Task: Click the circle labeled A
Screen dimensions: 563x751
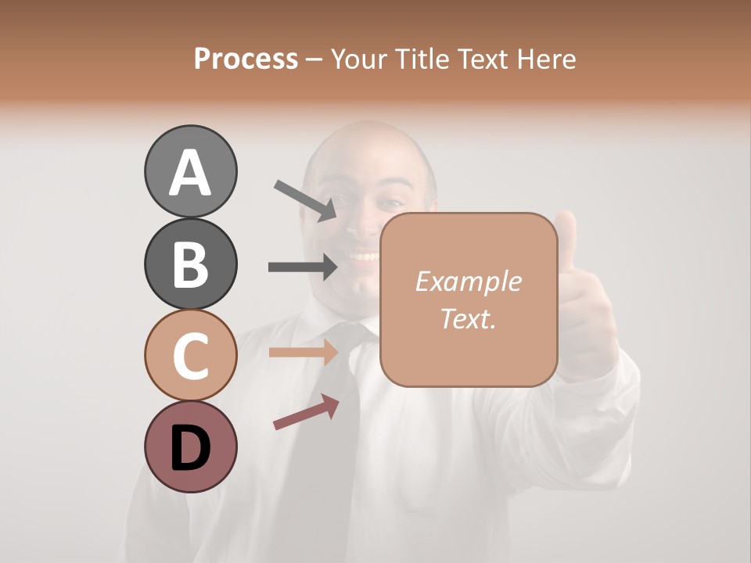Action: (190, 171)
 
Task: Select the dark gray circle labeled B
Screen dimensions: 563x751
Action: (190, 264)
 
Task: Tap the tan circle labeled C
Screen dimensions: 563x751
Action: (190, 355)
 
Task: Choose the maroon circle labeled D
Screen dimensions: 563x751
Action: (190, 446)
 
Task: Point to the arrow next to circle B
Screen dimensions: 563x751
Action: (304, 267)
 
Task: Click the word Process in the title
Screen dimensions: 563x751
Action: (246, 59)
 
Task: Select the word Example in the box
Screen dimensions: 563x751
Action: (468, 281)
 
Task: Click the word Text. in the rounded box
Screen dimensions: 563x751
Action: (468, 318)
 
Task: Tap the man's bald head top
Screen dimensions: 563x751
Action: (368, 137)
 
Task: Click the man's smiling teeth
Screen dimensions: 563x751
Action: (361, 256)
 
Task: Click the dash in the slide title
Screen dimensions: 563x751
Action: (314, 59)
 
